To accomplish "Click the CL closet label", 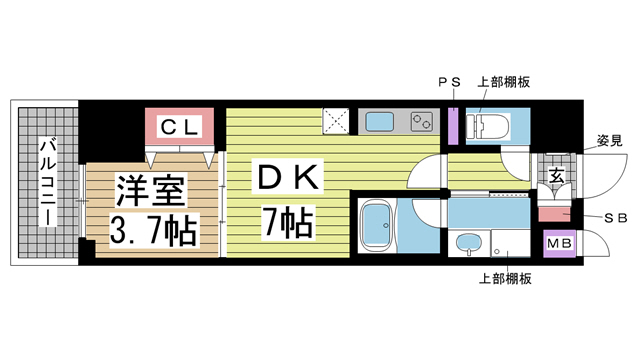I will (179, 127).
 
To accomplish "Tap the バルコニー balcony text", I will (46, 181).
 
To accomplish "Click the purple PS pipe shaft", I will (453, 124).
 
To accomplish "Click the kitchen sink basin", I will (379, 123).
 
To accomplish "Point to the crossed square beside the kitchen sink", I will (336, 123).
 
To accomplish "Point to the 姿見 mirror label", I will (610, 139).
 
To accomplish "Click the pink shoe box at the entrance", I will (553, 212).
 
